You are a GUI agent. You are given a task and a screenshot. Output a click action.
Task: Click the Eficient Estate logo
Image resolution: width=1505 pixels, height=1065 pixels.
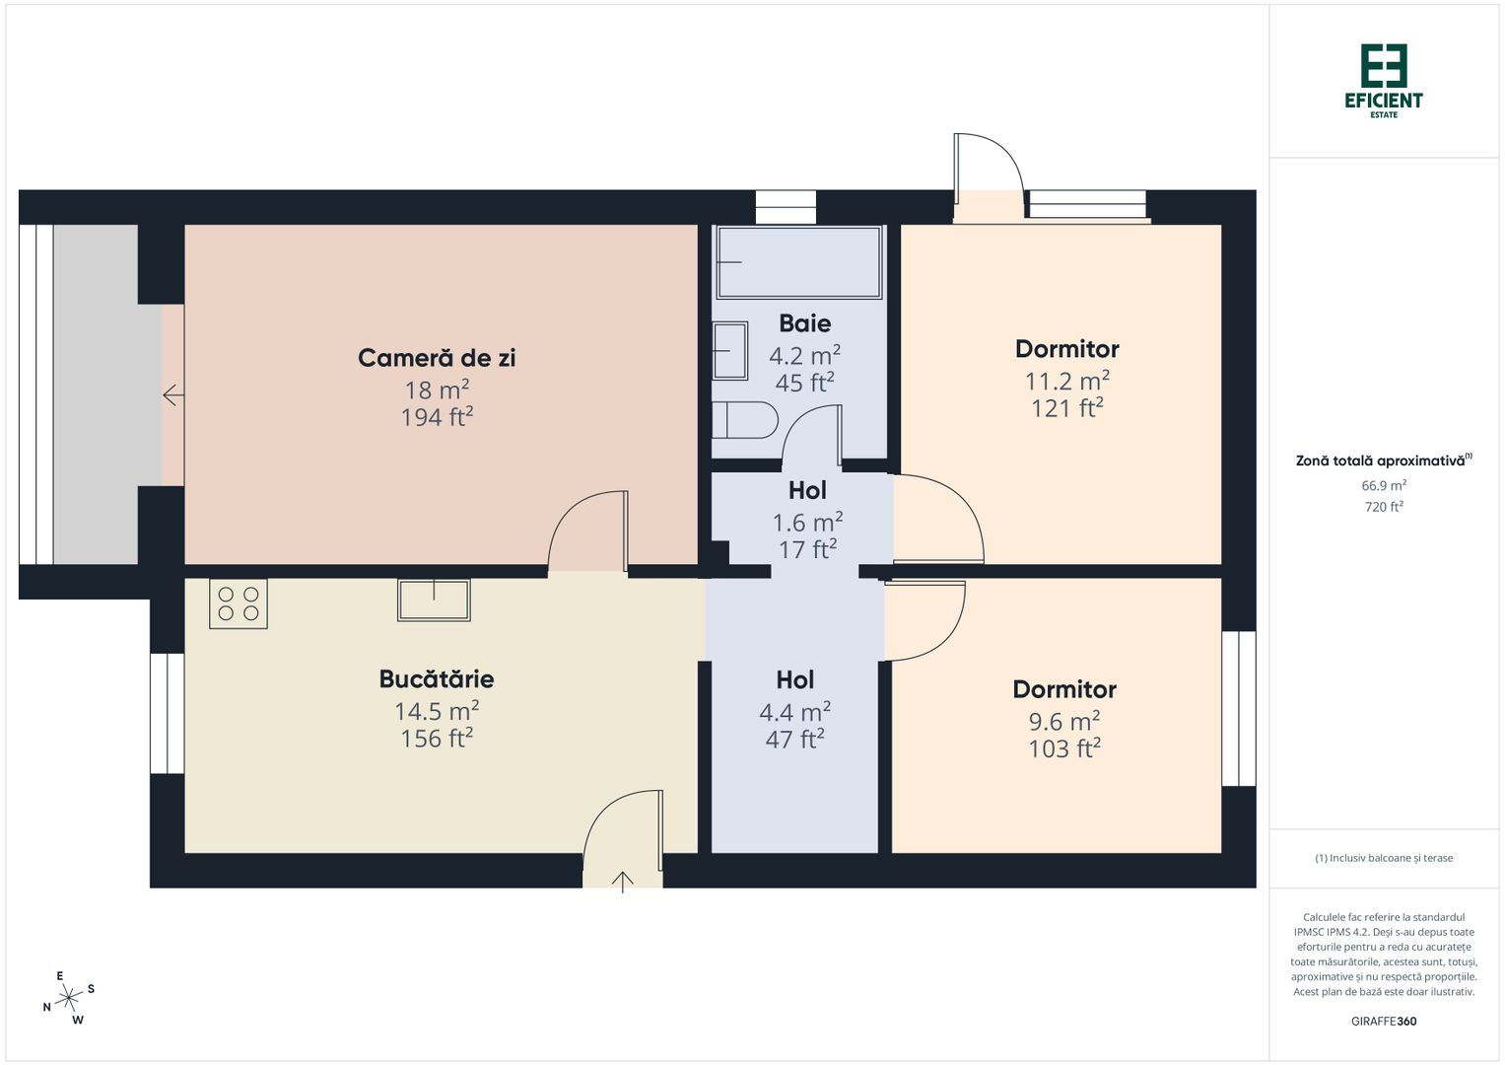[1384, 80]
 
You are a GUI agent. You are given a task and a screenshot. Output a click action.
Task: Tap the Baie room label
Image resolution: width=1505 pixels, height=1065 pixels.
[804, 323]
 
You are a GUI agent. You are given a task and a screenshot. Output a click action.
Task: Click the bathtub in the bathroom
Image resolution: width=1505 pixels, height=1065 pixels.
[798, 262]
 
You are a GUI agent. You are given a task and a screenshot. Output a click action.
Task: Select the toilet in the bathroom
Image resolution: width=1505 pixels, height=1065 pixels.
[744, 421]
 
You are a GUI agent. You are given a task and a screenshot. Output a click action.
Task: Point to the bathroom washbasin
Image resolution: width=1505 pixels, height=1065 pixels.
[730, 350]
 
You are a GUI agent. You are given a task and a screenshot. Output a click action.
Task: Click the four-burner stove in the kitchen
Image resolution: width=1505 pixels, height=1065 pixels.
[239, 603]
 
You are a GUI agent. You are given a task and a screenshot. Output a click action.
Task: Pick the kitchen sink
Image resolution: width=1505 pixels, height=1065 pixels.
[434, 599]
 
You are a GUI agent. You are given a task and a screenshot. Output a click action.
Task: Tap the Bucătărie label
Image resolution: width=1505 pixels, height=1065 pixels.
[437, 679]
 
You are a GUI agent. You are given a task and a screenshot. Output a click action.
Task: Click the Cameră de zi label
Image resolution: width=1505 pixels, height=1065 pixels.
[437, 358]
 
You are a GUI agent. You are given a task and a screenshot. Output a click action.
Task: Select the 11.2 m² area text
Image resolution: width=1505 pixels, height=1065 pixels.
[1066, 381]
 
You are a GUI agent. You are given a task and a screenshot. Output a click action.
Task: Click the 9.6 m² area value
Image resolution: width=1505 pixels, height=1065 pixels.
[1064, 721]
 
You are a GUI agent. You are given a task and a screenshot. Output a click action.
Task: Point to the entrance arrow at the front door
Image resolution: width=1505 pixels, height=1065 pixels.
[623, 881]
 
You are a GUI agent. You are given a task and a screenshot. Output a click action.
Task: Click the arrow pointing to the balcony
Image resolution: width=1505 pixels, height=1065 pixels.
[173, 395]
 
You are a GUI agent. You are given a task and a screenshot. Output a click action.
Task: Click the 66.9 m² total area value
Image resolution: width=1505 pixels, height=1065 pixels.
[1384, 485]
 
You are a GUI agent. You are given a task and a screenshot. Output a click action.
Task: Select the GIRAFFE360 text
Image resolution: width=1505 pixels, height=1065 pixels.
[1384, 1022]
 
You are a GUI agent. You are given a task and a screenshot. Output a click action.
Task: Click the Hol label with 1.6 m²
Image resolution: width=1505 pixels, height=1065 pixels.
[807, 491]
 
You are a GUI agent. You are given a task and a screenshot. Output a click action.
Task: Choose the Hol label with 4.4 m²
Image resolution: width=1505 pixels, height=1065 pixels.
[794, 680]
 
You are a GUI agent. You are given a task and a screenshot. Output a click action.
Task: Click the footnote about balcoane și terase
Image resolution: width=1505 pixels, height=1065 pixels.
[1384, 858]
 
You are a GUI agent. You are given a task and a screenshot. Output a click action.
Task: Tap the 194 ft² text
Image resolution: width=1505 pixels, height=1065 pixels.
[437, 418]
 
